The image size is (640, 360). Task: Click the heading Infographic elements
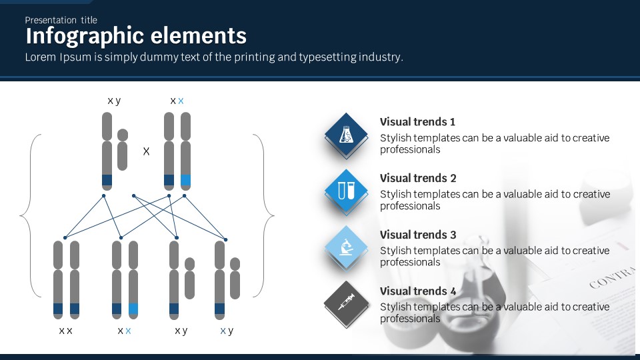click(x=136, y=36)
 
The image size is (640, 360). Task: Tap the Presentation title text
click(x=61, y=20)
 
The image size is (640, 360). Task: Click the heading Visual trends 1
click(x=417, y=122)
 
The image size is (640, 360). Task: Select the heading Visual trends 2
click(x=417, y=178)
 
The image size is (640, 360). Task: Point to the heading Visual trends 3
click(x=417, y=235)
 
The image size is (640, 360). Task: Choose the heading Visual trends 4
click(x=417, y=291)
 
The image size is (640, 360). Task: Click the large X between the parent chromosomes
click(x=147, y=152)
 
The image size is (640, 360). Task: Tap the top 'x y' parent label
click(x=114, y=101)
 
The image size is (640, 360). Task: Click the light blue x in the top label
click(x=181, y=101)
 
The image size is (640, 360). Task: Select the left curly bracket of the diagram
click(x=27, y=215)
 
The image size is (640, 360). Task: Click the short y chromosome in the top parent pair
click(x=123, y=149)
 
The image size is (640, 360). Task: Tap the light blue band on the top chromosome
click(x=185, y=180)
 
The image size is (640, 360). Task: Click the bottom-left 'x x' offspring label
click(x=65, y=331)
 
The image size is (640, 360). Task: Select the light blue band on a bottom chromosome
click(x=133, y=309)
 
